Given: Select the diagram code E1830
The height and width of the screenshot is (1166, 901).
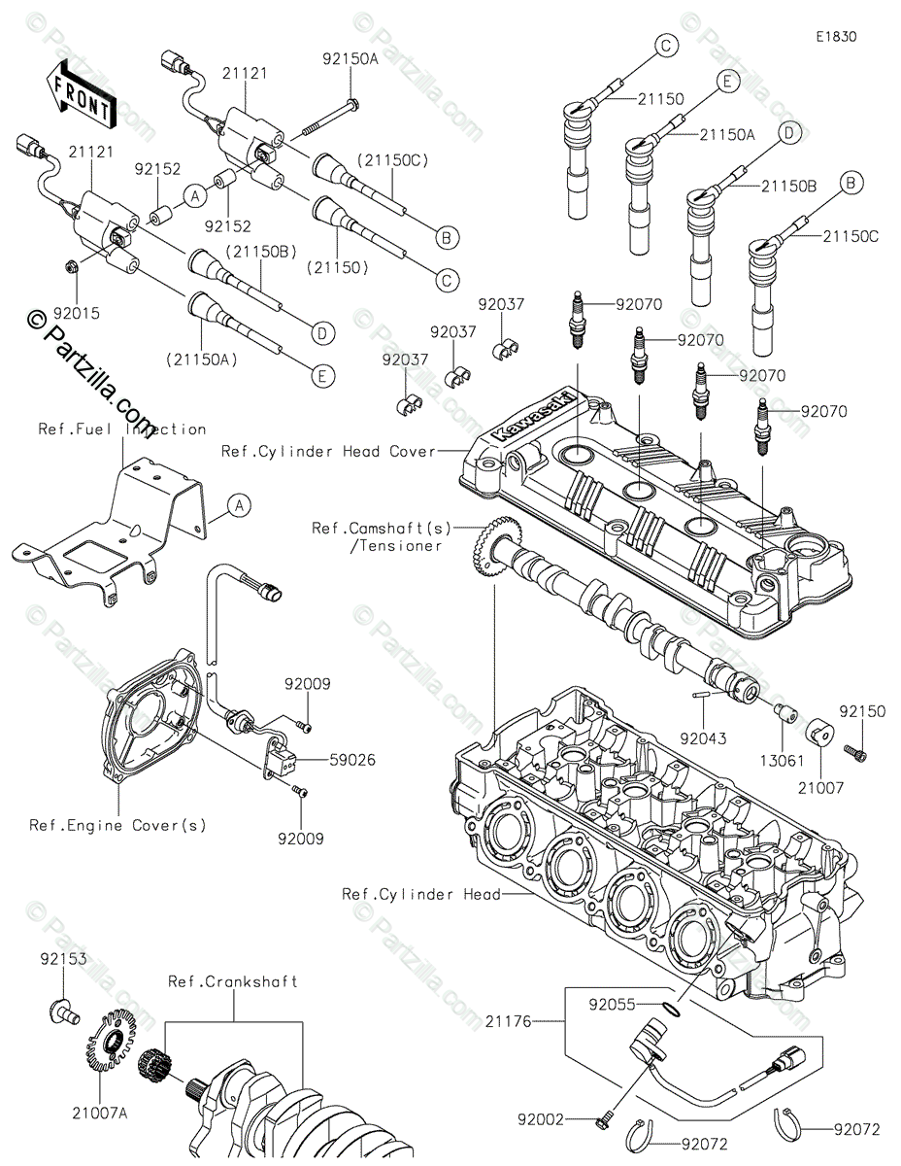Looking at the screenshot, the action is (836, 37).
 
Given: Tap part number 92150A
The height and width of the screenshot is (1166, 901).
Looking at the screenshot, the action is (350, 58).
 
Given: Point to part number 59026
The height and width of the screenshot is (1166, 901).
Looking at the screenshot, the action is (352, 760).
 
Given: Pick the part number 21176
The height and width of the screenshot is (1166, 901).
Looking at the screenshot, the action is (508, 1021).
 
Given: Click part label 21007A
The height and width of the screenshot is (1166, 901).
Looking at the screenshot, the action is (100, 1114).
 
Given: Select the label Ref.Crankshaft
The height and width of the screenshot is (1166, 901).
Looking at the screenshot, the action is (233, 981).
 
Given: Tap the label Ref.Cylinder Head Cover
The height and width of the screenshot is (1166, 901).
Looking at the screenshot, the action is (328, 451).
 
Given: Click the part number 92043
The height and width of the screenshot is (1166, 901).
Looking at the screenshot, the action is (703, 738).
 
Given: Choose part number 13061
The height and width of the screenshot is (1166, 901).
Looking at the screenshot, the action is (782, 761).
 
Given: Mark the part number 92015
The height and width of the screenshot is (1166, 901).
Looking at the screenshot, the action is (77, 314).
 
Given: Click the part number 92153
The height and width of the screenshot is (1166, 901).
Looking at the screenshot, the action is (63, 958).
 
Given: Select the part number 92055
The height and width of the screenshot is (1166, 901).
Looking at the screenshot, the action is (612, 1004).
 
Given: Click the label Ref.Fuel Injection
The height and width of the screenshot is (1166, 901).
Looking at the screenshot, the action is (122, 429).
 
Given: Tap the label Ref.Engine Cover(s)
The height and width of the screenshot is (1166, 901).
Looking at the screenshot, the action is (117, 825).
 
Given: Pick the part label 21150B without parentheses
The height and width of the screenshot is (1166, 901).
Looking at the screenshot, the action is (789, 186).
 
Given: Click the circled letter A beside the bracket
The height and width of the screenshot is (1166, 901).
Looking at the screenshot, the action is (239, 505).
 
